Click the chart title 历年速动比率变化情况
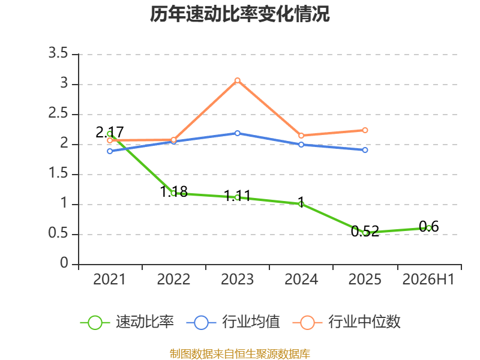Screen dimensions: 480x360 [x=239, y=14]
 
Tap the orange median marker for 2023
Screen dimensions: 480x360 [x=237, y=80]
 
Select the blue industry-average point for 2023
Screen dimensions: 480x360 [x=237, y=133]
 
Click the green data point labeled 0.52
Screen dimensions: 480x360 [x=365, y=233]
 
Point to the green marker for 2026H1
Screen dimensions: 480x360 [x=428, y=228]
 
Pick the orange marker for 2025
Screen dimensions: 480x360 [x=365, y=130]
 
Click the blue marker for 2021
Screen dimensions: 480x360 [x=110, y=151]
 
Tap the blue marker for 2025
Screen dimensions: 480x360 [x=365, y=150]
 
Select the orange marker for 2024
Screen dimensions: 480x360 [x=301, y=136]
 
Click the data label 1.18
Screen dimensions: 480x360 [x=174, y=191]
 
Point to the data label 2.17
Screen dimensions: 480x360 [x=110, y=132]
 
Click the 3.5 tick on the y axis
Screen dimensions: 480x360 [x=58, y=53]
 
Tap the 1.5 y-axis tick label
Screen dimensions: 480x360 [x=58, y=173]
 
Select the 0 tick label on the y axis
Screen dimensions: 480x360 [x=64, y=263]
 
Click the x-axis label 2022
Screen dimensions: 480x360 [x=173, y=279]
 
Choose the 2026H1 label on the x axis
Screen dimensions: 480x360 [x=428, y=279]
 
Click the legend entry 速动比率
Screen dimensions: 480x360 [x=127, y=322]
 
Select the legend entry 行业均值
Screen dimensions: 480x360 [x=233, y=322]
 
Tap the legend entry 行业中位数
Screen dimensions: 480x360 [x=347, y=322]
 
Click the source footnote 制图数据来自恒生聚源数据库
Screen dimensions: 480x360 [x=240, y=354]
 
